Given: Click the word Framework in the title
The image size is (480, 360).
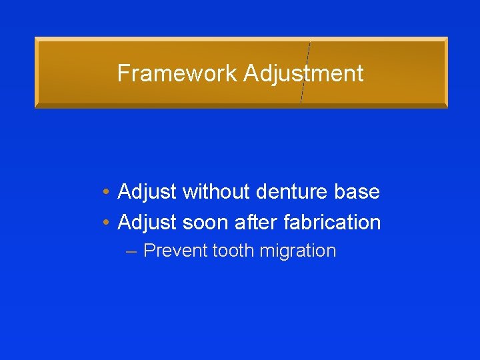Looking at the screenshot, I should (x=177, y=73).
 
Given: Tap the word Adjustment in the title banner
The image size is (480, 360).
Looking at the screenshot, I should (x=303, y=73).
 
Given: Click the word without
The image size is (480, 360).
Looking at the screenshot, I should (x=215, y=193).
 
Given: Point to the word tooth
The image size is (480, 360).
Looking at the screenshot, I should (x=233, y=251).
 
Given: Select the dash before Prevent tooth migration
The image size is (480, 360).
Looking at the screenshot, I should (x=131, y=252).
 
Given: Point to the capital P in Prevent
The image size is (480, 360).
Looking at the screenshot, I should (x=149, y=251).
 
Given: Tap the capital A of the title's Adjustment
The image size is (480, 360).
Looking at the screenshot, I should (x=251, y=73).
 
